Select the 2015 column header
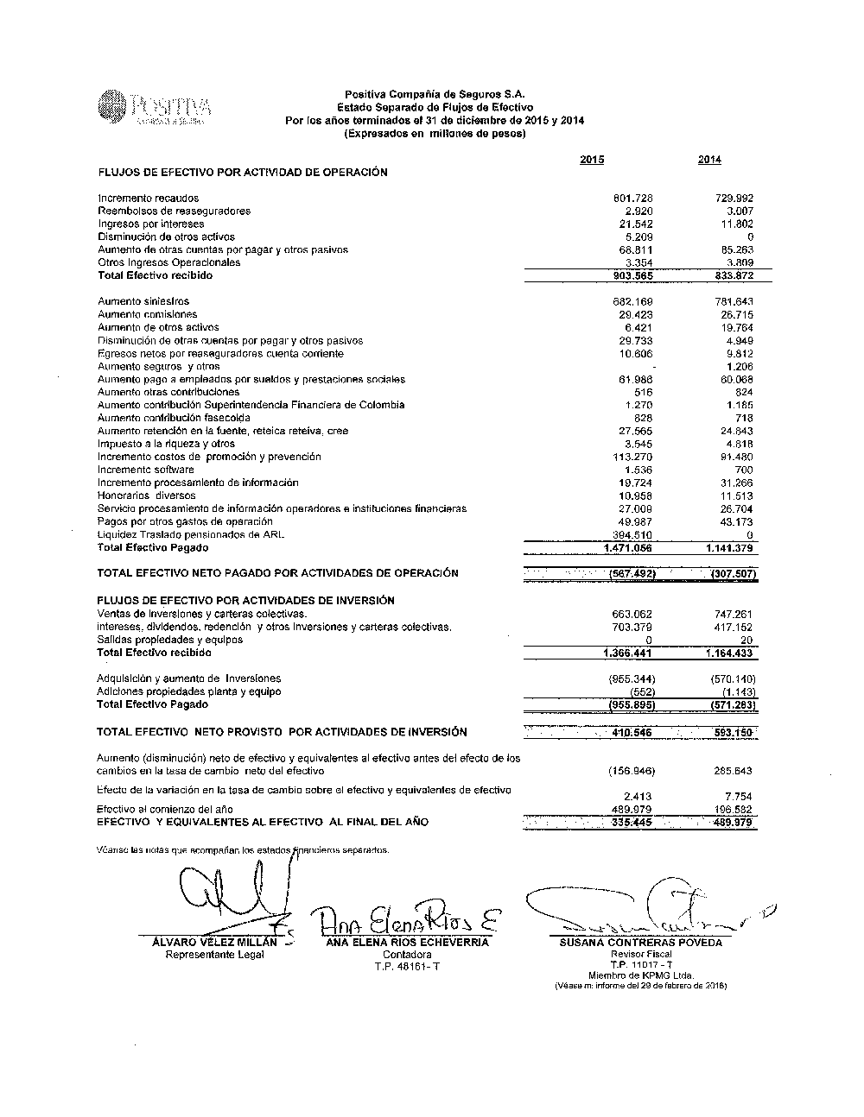(592, 160)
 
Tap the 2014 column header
(709, 160)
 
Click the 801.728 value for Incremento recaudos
(634, 199)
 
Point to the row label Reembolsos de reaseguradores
(174, 211)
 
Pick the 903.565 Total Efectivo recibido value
(632, 276)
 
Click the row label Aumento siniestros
(143, 301)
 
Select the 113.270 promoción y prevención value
(632, 457)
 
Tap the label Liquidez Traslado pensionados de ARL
(191, 534)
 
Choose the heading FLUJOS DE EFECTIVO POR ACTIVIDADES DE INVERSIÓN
(245, 600)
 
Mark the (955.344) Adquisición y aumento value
(632, 678)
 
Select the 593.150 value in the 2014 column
(733, 733)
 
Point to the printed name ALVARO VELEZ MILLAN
(214, 943)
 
